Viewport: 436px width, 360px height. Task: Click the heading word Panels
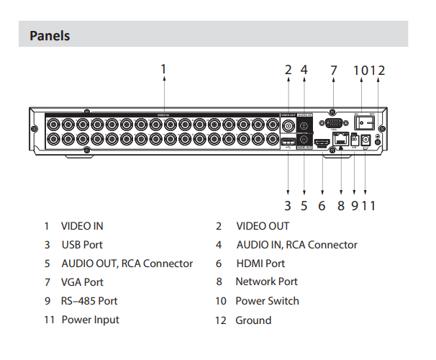click(x=50, y=35)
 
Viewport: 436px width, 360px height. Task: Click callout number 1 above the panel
click(x=163, y=69)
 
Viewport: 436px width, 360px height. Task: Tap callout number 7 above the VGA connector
click(x=333, y=71)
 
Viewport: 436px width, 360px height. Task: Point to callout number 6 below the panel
click(x=322, y=206)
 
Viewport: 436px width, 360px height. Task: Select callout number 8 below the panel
click(x=341, y=206)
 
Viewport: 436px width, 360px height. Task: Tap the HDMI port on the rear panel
click(x=322, y=143)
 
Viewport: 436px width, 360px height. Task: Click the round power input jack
click(x=367, y=140)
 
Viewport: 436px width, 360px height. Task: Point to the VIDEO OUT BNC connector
click(x=288, y=127)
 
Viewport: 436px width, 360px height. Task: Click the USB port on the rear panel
click(x=288, y=143)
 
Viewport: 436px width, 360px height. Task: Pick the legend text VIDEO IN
click(x=82, y=225)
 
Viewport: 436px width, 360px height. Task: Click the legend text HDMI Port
click(x=260, y=264)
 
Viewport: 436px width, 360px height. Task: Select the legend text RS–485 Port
click(x=89, y=301)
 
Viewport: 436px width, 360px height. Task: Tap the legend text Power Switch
click(x=267, y=301)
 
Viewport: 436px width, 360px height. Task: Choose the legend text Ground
click(x=253, y=320)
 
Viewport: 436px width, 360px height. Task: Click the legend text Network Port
click(x=266, y=282)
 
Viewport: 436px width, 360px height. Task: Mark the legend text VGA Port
click(x=82, y=282)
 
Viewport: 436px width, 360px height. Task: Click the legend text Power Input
click(x=90, y=320)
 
